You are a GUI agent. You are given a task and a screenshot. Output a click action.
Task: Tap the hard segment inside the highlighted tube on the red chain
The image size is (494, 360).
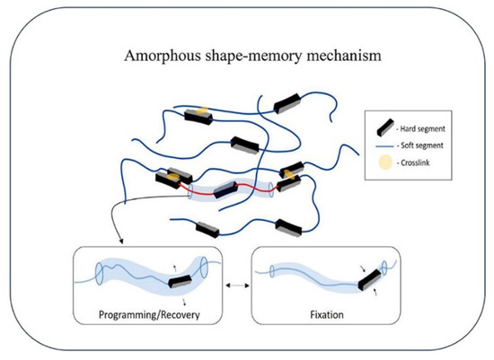click(x=225, y=189)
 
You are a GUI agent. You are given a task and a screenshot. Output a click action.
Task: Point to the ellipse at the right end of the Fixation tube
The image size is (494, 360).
click(x=384, y=266)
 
